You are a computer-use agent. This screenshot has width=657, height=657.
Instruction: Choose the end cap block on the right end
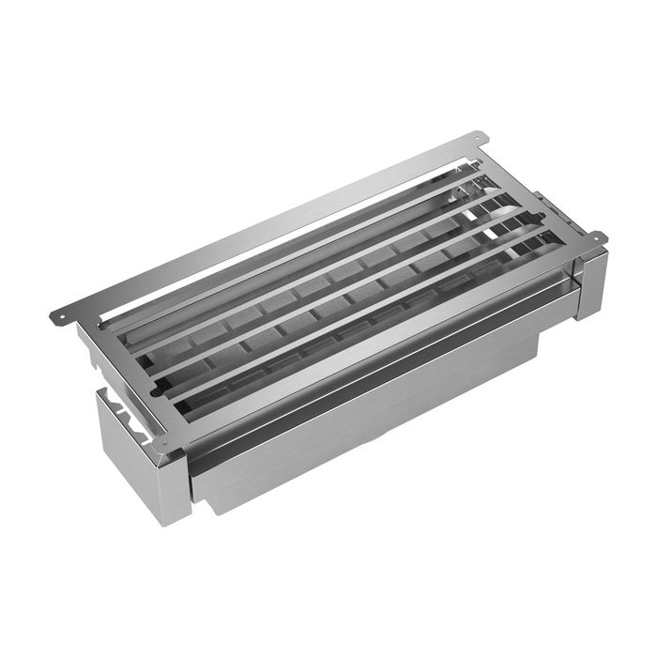pos(589,282)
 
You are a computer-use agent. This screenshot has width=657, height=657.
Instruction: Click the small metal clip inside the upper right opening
pos(460,192)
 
